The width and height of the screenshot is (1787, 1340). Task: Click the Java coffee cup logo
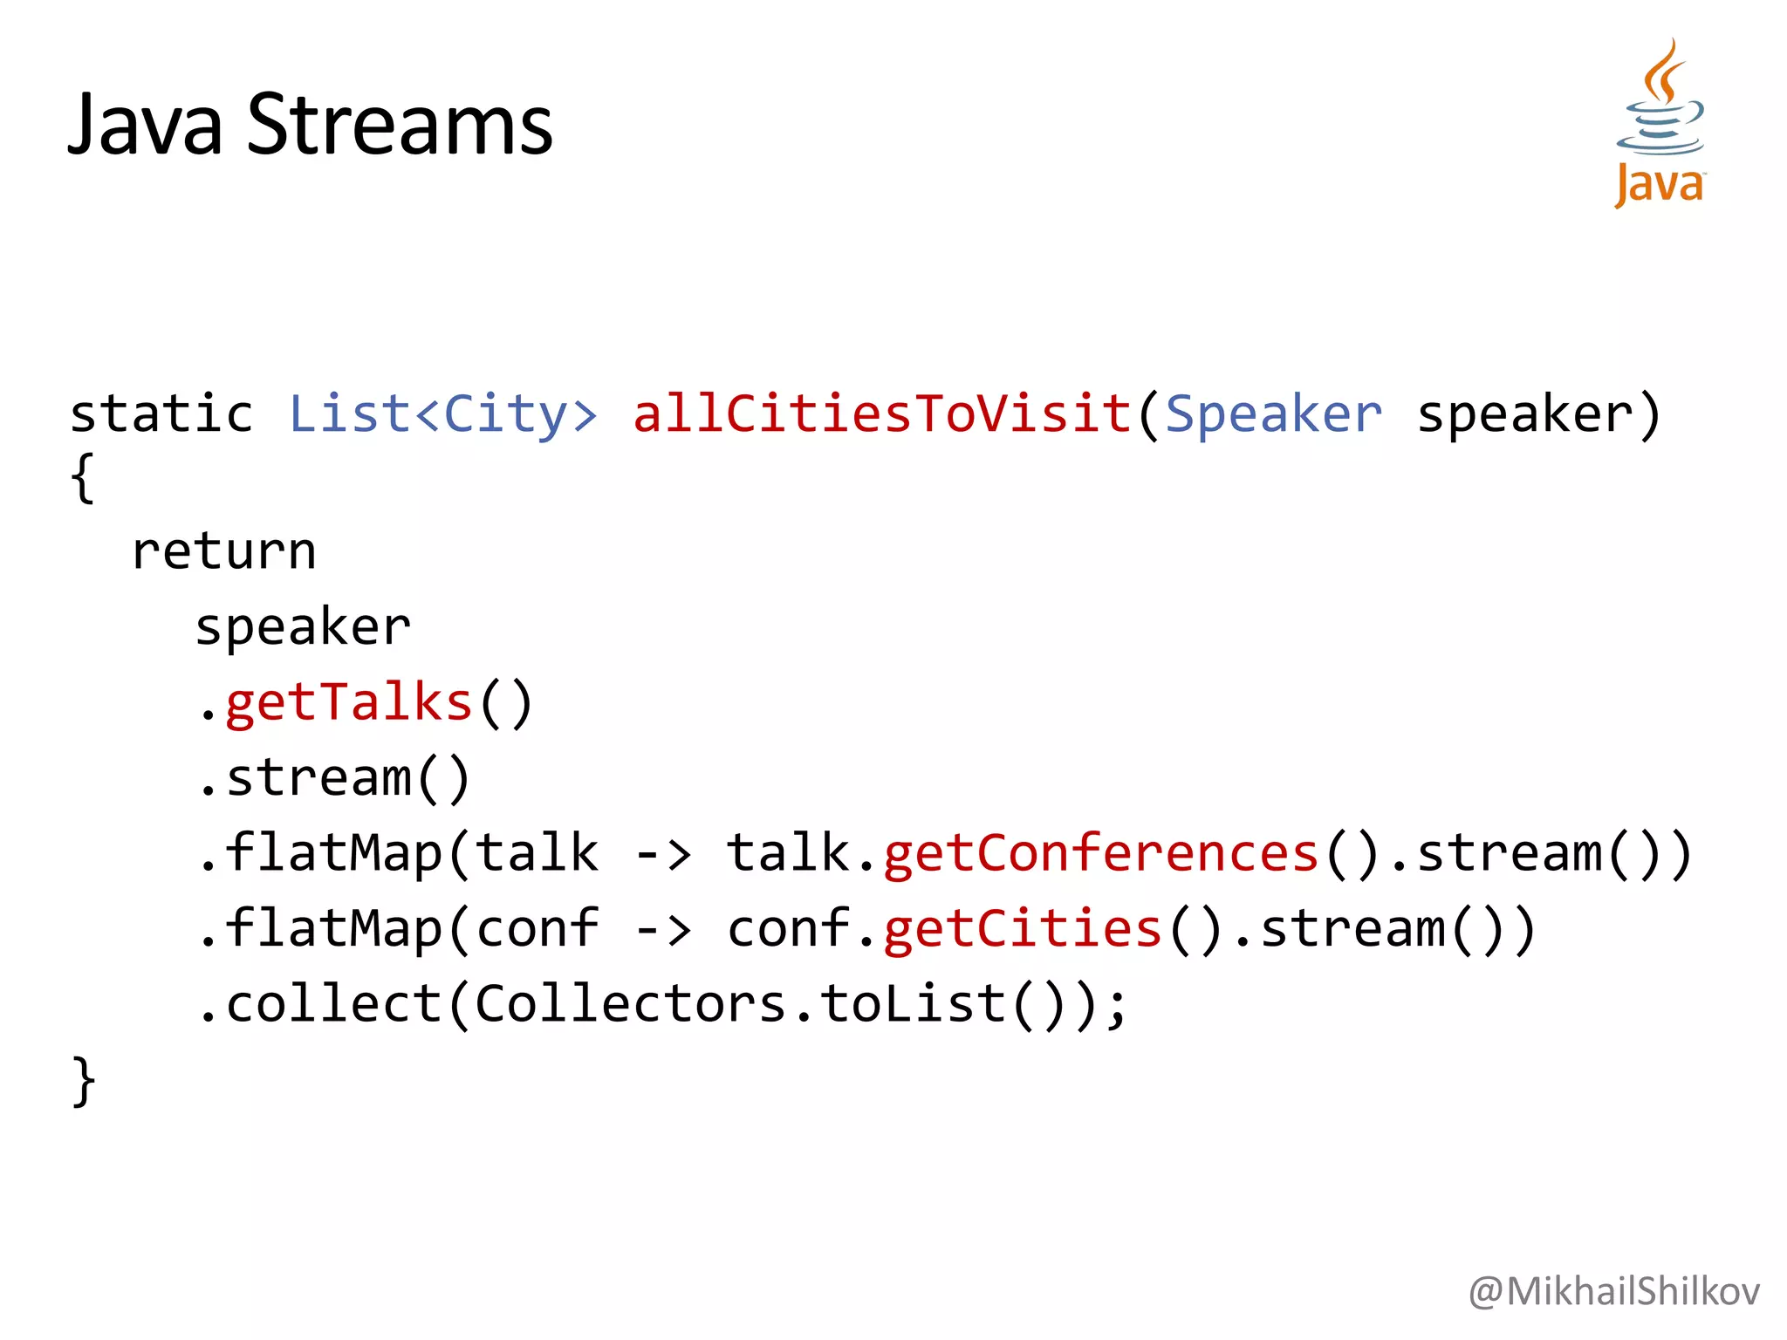1660,122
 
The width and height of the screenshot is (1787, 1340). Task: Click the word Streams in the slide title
400,125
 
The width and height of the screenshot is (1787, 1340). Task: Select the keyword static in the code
161,414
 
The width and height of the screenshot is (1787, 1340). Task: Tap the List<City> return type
443,414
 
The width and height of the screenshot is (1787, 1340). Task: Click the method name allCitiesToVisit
881,414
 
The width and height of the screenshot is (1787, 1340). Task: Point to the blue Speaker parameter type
1273,414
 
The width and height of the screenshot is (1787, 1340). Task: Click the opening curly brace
83,478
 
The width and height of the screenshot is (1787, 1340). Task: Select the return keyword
224,551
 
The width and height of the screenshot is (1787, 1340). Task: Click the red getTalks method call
349,702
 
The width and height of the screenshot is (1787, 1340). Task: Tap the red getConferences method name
1100,853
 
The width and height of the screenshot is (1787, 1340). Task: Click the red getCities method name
1022,928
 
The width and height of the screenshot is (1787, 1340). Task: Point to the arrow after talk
663,853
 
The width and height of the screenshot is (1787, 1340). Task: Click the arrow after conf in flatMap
663,928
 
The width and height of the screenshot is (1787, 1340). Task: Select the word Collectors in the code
630,1004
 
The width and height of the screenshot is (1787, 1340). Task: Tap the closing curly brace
83,1081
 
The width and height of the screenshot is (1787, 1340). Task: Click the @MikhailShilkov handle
1613,1291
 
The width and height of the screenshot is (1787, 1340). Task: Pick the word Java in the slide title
146,125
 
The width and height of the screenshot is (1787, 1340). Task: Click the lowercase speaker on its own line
303,627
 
